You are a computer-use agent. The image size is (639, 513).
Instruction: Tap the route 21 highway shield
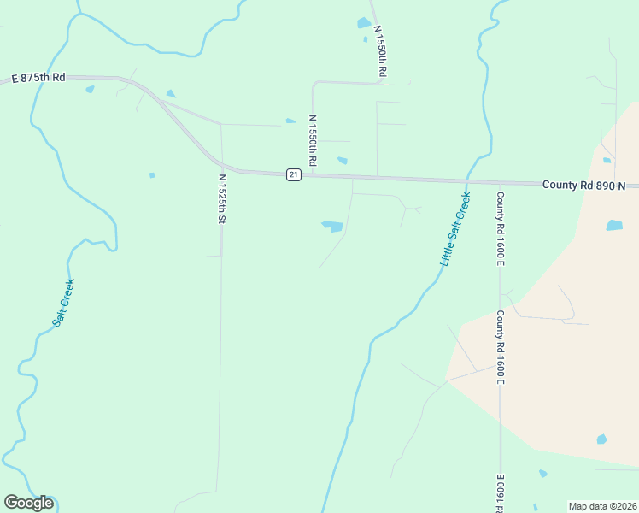293,174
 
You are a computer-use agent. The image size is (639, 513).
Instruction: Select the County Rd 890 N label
584,185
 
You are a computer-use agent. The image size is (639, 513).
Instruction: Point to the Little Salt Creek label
455,229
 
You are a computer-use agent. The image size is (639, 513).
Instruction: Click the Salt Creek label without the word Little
63,302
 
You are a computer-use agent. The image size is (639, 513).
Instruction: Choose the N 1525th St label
222,199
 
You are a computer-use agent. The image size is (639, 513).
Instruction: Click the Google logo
28,503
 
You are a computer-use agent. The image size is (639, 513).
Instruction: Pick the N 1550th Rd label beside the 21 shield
314,140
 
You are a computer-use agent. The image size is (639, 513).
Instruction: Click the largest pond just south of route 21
332,227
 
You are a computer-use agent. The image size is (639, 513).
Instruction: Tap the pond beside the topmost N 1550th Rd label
364,23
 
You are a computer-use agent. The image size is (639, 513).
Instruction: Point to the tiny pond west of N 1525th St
152,175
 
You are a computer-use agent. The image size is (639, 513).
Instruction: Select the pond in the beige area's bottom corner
601,439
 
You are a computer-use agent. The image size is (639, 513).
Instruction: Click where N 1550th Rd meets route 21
313,174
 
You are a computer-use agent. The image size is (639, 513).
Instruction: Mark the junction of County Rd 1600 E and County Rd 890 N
501,182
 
